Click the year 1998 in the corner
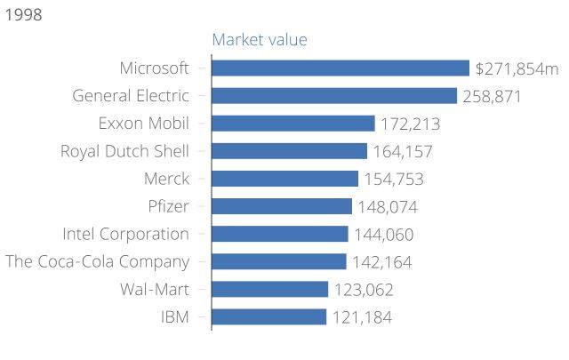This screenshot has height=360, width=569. (22, 14)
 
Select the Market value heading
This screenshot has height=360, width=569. (259, 40)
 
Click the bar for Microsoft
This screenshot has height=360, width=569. (341, 68)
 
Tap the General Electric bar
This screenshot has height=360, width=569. (334, 96)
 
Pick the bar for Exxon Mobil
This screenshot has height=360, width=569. (293, 124)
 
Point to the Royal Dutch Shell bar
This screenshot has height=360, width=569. (290, 151)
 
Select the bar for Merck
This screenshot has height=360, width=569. (285, 179)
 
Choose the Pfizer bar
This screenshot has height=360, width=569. (282, 206)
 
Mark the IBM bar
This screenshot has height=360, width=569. (269, 316)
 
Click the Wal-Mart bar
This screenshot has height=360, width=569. (270, 289)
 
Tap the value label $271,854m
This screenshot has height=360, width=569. (517, 68)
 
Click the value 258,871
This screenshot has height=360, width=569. (492, 96)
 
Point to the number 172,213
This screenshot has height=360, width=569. (410, 124)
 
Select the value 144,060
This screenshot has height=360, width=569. (383, 235)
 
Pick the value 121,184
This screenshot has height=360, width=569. (362, 316)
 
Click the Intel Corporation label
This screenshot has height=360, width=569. (126, 235)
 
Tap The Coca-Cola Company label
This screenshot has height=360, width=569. (97, 261)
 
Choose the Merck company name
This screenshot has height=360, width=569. (166, 179)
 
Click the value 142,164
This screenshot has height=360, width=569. (381, 262)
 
